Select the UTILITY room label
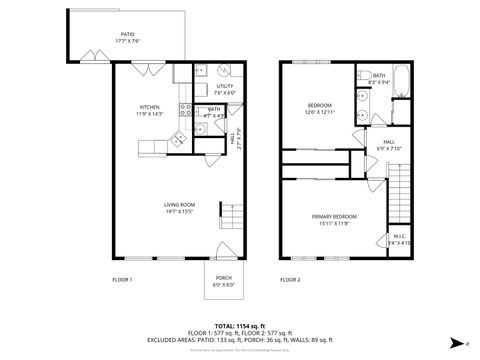225,86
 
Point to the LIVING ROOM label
179,207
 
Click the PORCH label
223,281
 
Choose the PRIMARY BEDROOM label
333,217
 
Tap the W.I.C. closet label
398,238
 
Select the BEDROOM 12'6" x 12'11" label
319,105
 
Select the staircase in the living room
231,216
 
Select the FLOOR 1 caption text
123,279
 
